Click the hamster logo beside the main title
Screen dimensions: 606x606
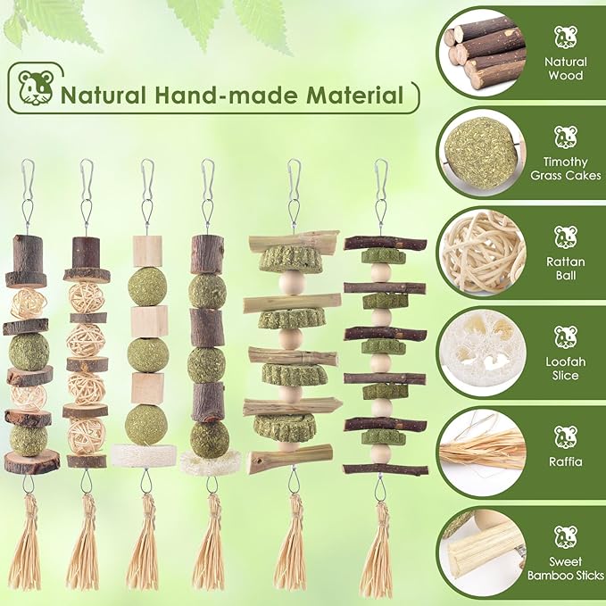click(36, 87)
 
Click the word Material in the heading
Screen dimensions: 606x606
click(355, 95)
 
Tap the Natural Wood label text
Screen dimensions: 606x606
click(566, 69)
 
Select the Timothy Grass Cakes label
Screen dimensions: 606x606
click(566, 169)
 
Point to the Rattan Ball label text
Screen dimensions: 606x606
click(566, 269)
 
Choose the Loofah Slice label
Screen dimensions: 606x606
click(566, 369)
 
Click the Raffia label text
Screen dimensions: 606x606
click(566, 461)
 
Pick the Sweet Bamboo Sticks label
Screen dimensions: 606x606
click(566, 569)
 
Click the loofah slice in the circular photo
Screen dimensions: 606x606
click(483, 353)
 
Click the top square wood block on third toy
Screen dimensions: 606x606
click(147, 251)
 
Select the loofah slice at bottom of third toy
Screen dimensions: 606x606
click(144, 456)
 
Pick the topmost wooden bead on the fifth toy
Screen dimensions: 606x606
click(292, 283)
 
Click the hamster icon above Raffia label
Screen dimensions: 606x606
click(566, 437)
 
